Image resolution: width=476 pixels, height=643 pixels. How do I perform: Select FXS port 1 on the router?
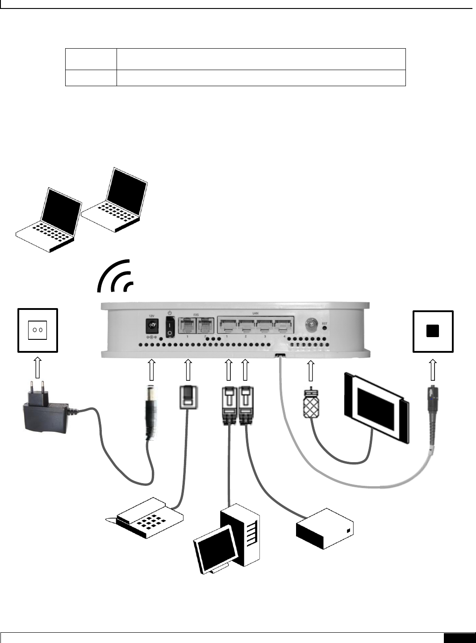coord(187,326)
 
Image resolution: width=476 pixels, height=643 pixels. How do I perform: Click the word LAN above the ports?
coord(255,313)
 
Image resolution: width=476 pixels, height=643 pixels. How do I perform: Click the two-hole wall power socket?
coord(38,330)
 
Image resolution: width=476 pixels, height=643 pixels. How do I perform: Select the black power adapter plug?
coord(45,415)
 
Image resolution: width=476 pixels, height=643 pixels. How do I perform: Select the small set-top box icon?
coord(325,529)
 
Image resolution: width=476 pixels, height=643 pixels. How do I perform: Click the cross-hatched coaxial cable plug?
coord(310,404)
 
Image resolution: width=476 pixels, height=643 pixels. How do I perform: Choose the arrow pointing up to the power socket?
coord(38,367)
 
